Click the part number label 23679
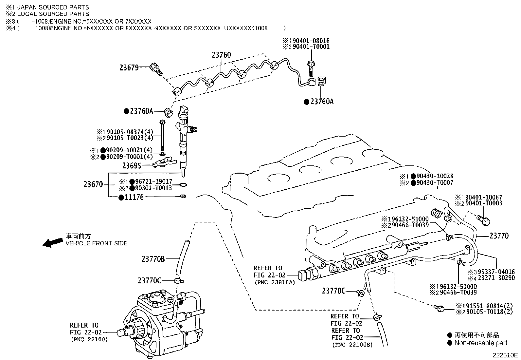tap(129, 68)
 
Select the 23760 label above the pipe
tap(221, 55)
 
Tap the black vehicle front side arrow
tap(53, 243)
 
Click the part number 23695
tap(132, 166)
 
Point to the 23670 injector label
tap(93, 184)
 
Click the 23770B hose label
tap(153, 259)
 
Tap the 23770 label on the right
tap(499, 236)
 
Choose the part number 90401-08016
tap(311, 41)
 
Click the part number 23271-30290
tap(496, 278)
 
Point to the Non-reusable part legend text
tap(481, 343)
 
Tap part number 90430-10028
tap(435, 176)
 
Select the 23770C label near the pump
tap(149, 281)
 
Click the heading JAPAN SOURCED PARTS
tap(53, 7)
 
